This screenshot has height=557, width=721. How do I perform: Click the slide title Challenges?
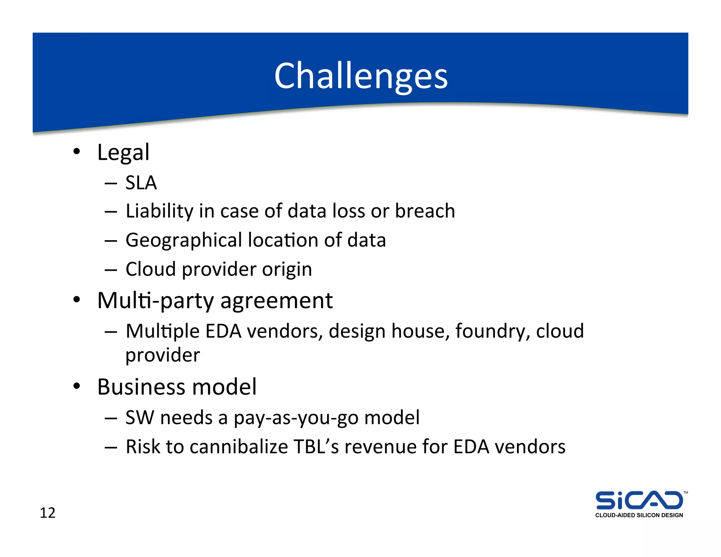tap(361, 76)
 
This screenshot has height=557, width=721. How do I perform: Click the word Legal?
tap(123, 152)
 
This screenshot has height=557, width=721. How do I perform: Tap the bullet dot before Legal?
tap(77, 152)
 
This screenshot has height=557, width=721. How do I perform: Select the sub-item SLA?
tap(141, 183)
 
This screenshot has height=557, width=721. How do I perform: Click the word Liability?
tap(159, 211)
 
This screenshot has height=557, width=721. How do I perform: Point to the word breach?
tap(425, 211)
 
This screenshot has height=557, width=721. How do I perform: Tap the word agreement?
tap(276, 301)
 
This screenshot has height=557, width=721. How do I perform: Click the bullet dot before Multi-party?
tap(77, 300)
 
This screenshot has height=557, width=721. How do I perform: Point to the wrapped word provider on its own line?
tap(163, 355)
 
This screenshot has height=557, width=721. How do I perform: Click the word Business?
tap(141, 387)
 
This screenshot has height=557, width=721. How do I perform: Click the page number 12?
tap(48, 513)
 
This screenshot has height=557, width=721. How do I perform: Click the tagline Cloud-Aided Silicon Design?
tap(639, 515)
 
